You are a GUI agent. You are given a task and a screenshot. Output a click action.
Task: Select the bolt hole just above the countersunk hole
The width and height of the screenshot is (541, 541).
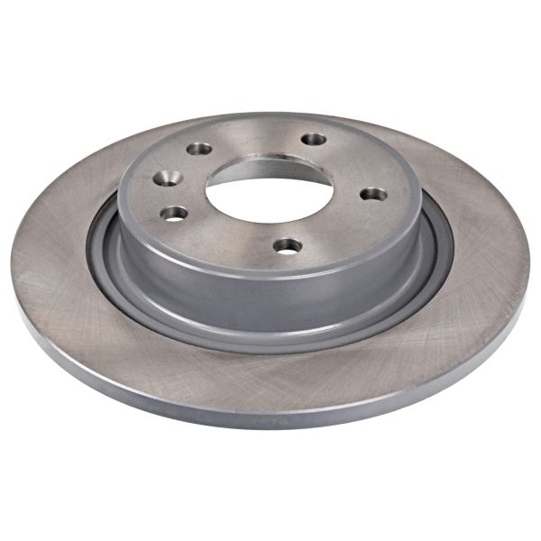[199, 149]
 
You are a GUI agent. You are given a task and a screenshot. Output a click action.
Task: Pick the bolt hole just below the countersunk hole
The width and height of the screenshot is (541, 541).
[175, 214]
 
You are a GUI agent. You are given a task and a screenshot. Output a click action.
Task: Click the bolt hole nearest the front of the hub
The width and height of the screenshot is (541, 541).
[287, 245]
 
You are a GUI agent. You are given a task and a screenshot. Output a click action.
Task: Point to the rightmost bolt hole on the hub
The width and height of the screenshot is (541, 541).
[372, 194]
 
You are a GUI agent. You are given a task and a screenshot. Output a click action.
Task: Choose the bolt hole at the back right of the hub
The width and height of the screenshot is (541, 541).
[313, 140]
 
